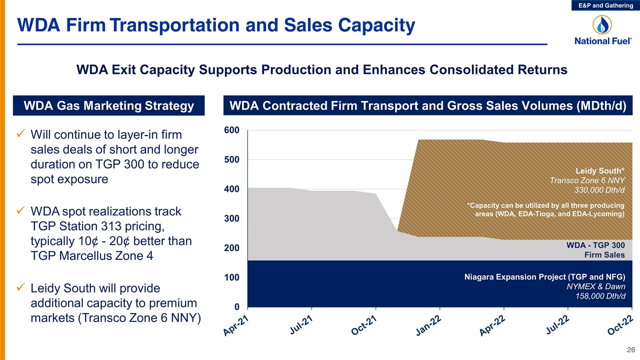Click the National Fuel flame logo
pyautogui.click(x=602, y=25)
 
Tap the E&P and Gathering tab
pyautogui.click(x=605, y=5)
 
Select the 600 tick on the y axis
pyautogui.click(x=231, y=130)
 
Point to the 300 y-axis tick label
pyautogui.click(x=231, y=218)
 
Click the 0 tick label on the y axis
pyautogui.click(x=236, y=307)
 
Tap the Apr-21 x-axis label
pyautogui.click(x=235, y=326)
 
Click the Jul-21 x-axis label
pyautogui.click(x=301, y=325)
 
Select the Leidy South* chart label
pyautogui.click(x=599, y=171)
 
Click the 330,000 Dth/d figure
pyautogui.click(x=599, y=190)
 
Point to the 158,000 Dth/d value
pyautogui.click(x=600, y=296)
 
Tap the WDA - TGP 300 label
pyautogui.click(x=595, y=245)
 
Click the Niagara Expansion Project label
pyautogui.click(x=544, y=277)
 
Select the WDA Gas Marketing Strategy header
pyautogui.click(x=109, y=105)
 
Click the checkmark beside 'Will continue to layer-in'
pyautogui.click(x=21, y=133)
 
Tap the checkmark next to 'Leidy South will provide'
pyautogui.click(x=21, y=287)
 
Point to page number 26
pyautogui.click(x=631, y=349)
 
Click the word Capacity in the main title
pyautogui.click(x=376, y=25)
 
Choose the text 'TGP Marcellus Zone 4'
pyautogui.click(x=91, y=255)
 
